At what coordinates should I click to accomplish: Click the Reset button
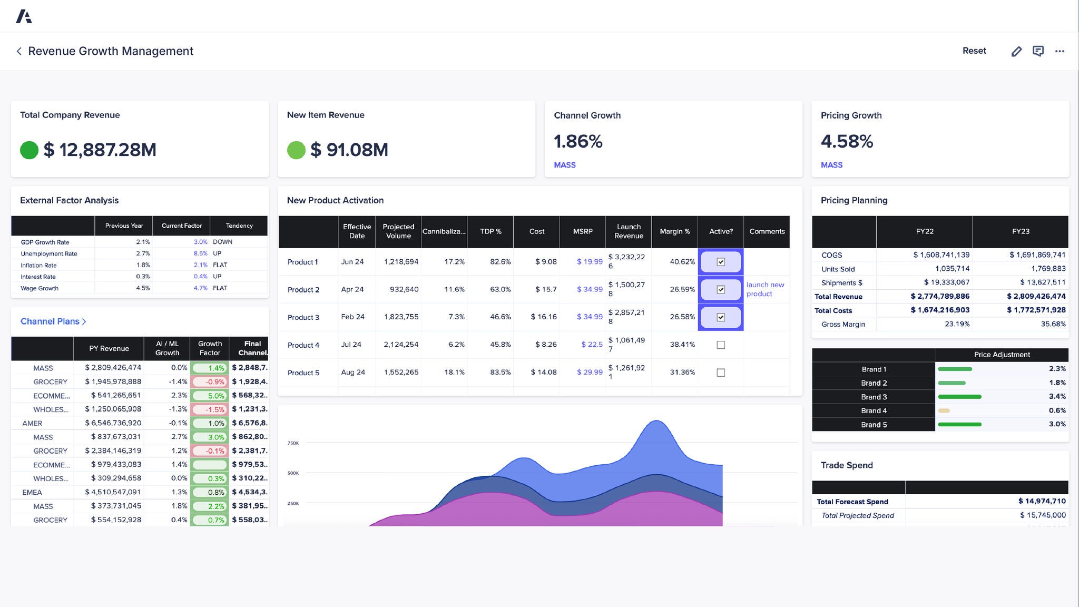[x=974, y=51]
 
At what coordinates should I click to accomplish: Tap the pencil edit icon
[x=1016, y=51]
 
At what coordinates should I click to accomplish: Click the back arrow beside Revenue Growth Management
[x=19, y=51]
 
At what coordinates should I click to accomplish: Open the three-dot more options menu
[x=1060, y=51]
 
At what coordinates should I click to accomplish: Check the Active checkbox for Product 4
[x=721, y=345]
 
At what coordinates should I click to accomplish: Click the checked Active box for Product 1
[x=721, y=262]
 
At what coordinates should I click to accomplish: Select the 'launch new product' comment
[x=765, y=289]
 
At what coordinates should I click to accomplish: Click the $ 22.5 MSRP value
[x=592, y=345]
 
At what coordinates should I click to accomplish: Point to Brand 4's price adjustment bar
[x=944, y=410]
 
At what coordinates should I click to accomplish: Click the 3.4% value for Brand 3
[x=1057, y=397]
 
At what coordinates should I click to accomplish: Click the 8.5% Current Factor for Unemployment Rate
[x=200, y=253]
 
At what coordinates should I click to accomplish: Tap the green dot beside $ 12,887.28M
[x=29, y=150]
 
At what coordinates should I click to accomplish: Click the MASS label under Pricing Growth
[x=831, y=165]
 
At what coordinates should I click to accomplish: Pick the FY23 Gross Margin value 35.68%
[x=1053, y=324]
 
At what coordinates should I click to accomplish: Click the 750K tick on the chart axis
[x=293, y=443]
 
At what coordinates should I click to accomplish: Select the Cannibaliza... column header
[x=444, y=231]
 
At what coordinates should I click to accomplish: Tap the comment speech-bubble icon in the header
[x=1038, y=51]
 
